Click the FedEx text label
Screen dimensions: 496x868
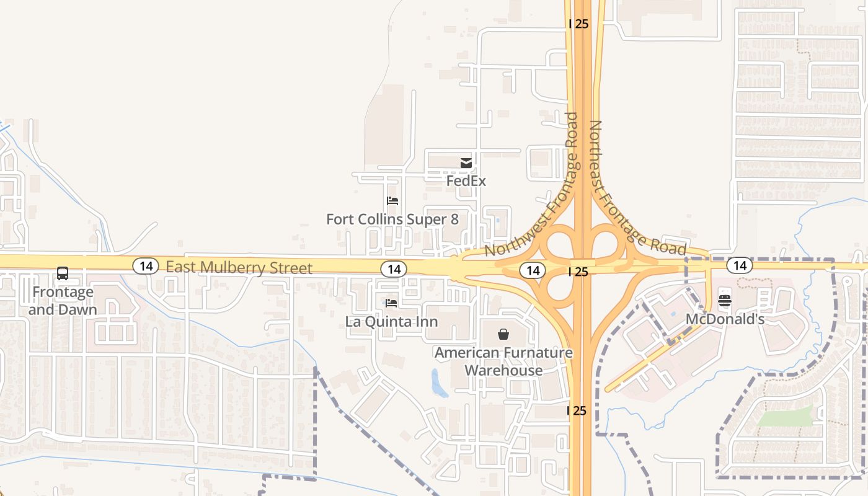click(x=466, y=181)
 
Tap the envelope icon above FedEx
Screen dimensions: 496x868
click(x=466, y=163)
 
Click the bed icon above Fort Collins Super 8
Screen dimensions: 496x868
click(x=392, y=201)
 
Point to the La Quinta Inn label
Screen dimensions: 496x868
click(x=391, y=322)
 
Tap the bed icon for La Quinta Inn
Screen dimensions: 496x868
click(x=391, y=303)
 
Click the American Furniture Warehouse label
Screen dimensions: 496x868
click(x=503, y=361)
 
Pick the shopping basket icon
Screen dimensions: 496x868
click(x=503, y=335)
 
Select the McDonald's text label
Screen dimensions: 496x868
click(x=725, y=319)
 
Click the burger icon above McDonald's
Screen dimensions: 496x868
click(x=725, y=301)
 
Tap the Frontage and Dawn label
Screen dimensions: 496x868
click(x=63, y=301)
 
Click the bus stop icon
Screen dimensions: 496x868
click(x=63, y=273)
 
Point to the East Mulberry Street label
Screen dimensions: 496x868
click(x=239, y=268)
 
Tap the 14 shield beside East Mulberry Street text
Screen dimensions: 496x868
click(x=146, y=267)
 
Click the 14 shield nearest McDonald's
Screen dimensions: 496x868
click(x=740, y=266)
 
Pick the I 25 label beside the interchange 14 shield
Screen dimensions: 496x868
click(x=578, y=272)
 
